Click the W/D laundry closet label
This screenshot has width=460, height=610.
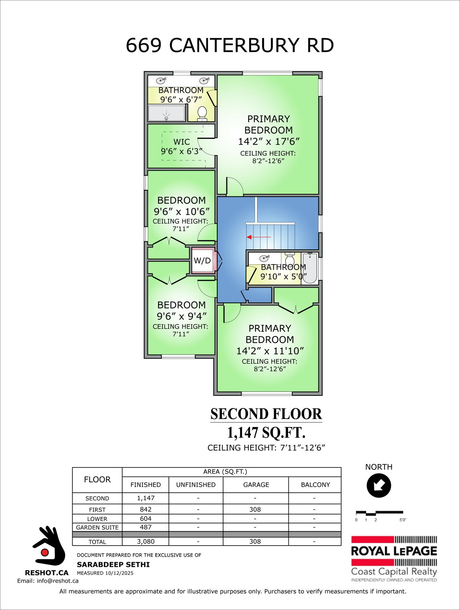tap(202, 261)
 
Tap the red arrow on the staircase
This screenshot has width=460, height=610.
tap(259, 237)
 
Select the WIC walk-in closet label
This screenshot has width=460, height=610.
tap(182, 142)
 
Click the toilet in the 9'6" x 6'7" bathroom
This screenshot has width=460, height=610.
tap(202, 113)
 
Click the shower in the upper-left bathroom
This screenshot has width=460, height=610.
tap(166, 113)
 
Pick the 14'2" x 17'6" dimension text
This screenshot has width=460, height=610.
tap(269, 141)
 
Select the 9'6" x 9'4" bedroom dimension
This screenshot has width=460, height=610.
tap(182, 316)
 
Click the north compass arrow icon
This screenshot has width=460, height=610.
tap(379, 485)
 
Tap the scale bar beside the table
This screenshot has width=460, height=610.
tap(379, 513)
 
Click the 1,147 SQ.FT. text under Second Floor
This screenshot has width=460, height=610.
tap(266, 432)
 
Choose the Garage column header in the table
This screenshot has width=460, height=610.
tap(256, 485)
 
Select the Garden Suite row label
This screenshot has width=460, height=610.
tap(97, 527)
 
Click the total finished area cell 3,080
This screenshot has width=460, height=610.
tap(145, 541)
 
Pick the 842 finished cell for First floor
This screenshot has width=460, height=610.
tap(145, 509)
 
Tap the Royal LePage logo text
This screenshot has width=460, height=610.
tap(394, 551)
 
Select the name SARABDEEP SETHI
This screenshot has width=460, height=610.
tap(113, 564)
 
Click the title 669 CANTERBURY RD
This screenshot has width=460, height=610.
tap(230, 45)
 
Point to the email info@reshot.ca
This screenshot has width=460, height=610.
tap(48, 581)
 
